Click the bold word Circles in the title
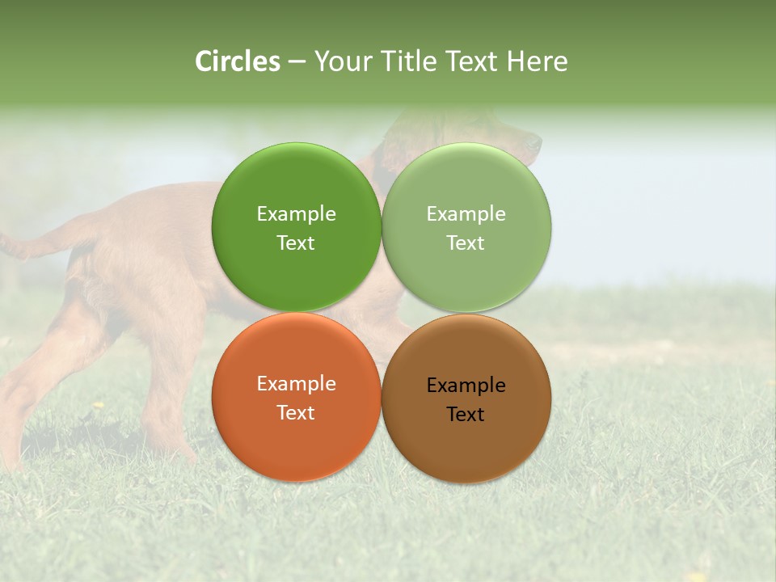238,61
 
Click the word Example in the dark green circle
296,214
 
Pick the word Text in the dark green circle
296,243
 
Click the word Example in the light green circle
466,214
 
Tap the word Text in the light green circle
466,243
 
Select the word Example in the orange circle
296,384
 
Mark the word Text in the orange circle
296,413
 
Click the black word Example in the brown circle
466,386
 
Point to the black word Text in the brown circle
466,415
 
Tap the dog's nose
536,142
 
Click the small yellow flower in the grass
98,405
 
